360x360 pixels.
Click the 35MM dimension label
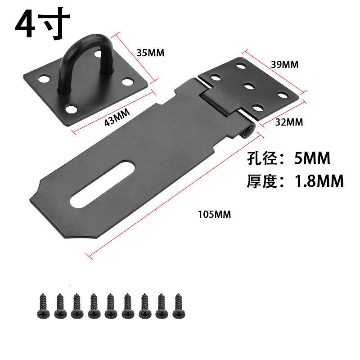click(x=150, y=53)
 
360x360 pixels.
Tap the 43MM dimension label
click(x=117, y=117)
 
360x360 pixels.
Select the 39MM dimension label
click(x=285, y=64)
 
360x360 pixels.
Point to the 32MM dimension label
click(x=289, y=122)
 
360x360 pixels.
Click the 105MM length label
click(x=215, y=215)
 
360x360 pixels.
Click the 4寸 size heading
click(x=43, y=23)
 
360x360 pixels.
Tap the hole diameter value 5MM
click(x=312, y=158)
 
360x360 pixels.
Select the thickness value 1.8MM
click(x=319, y=181)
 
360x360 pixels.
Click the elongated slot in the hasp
click(x=102, y=185)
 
